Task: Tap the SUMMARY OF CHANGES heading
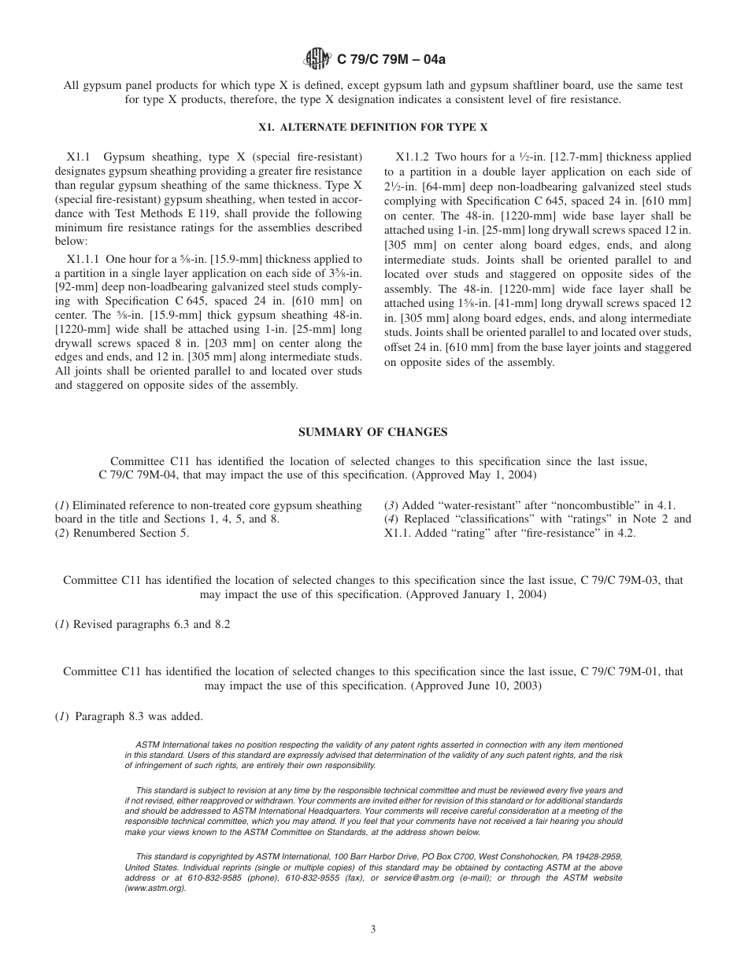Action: (373, 432)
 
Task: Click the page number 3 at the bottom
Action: (373, 929)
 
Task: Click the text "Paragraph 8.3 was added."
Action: (139, 716)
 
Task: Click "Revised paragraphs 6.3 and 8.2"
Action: (151, 624)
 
